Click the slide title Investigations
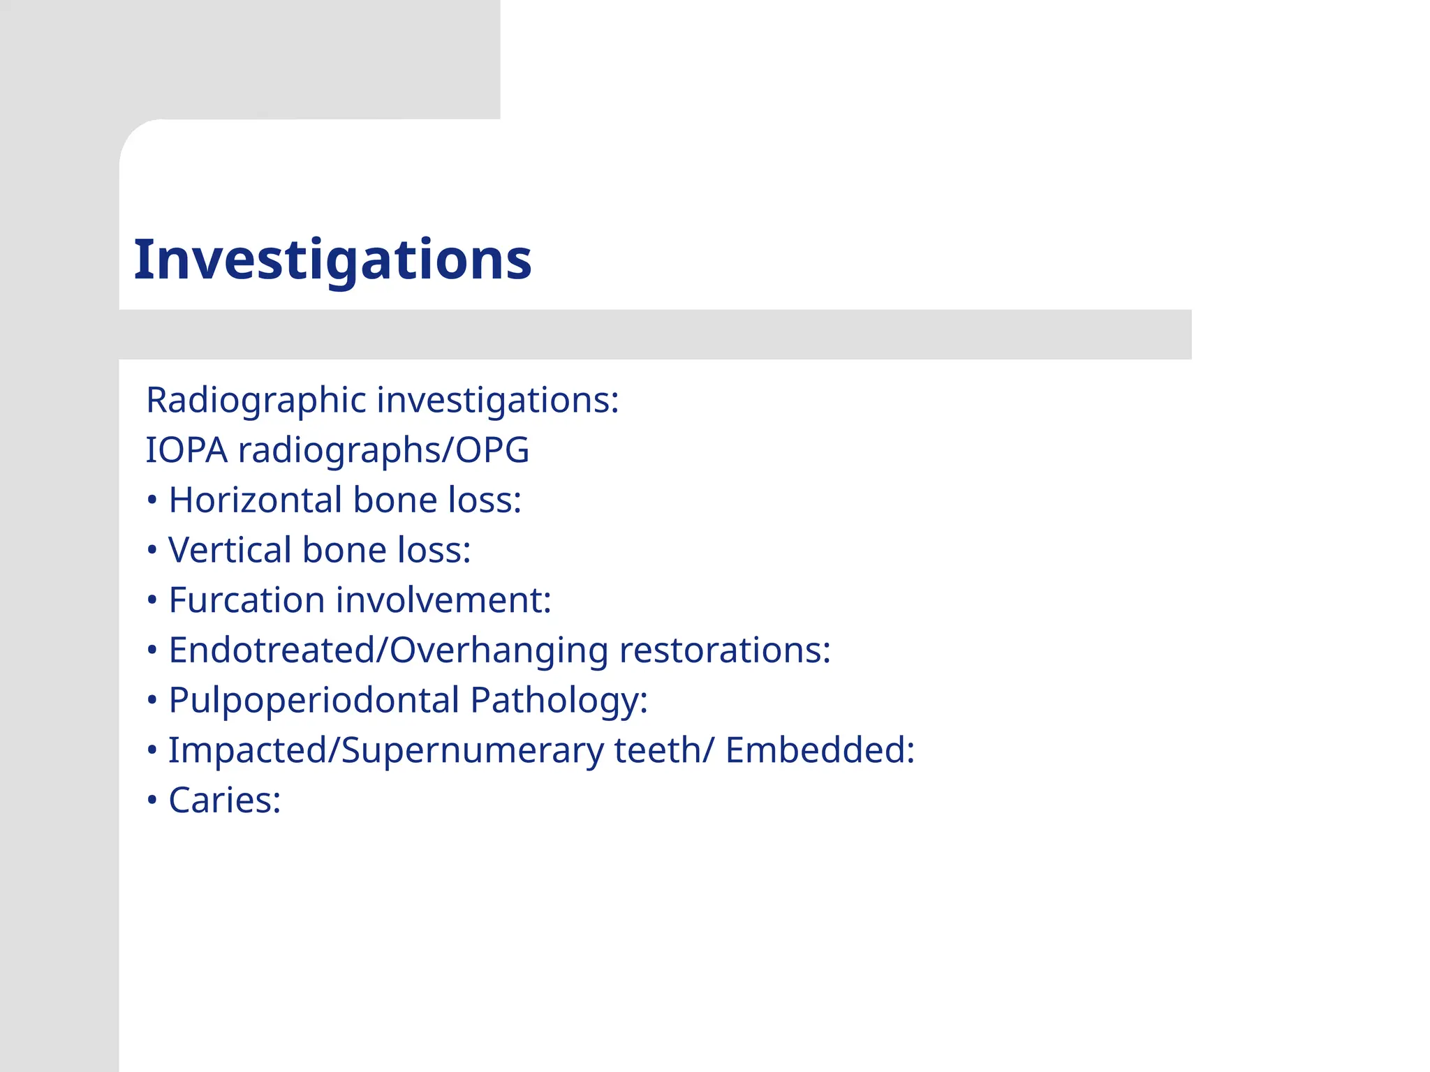[x=332, y=260]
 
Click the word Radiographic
[x=256, y=401]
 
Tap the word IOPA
[x=186, y=450]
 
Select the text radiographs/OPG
[x=383, y=451]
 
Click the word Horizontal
[x=256, y=500]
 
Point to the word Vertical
[x=230, y=550]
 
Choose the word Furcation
[x=246, y=600]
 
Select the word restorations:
[x=725, y=650]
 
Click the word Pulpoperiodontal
[x=314, y=701]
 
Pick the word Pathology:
[x=559, y=700]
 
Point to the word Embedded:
[x=820, y=750]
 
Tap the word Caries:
[x=224, y=801]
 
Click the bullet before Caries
[x=152, y=801]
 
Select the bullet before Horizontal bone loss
[x=152, y=501]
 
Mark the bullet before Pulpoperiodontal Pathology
[x=152, y=701]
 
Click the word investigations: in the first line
[x=498, y=401]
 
